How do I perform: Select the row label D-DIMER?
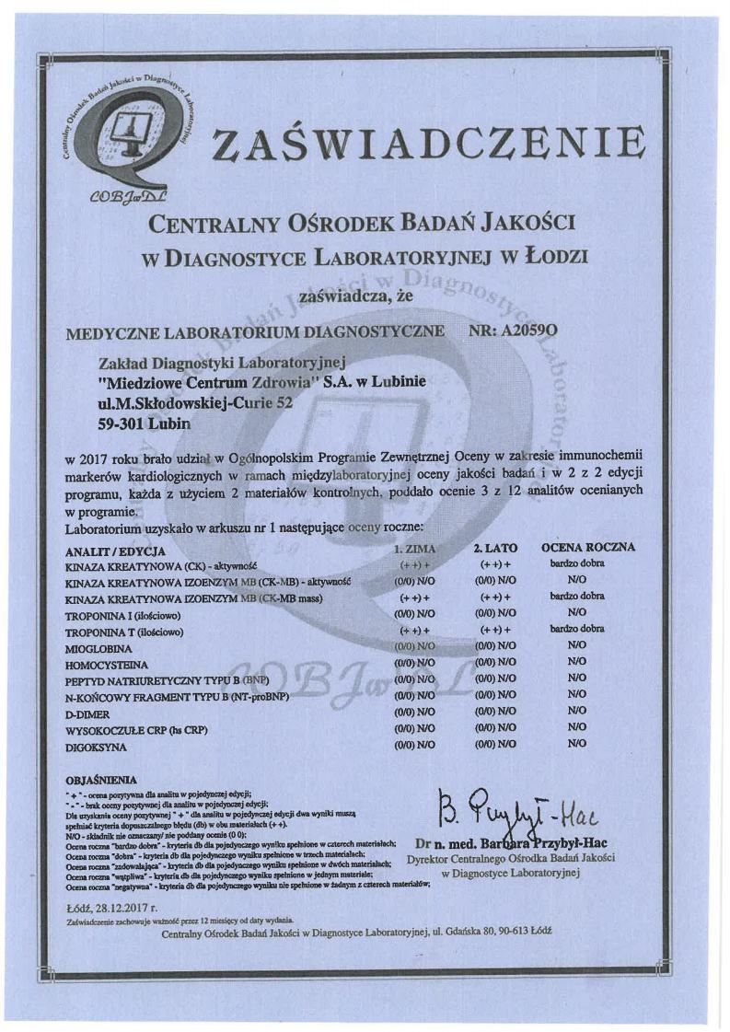point(87,712)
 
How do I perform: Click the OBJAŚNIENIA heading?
point(101,779)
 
